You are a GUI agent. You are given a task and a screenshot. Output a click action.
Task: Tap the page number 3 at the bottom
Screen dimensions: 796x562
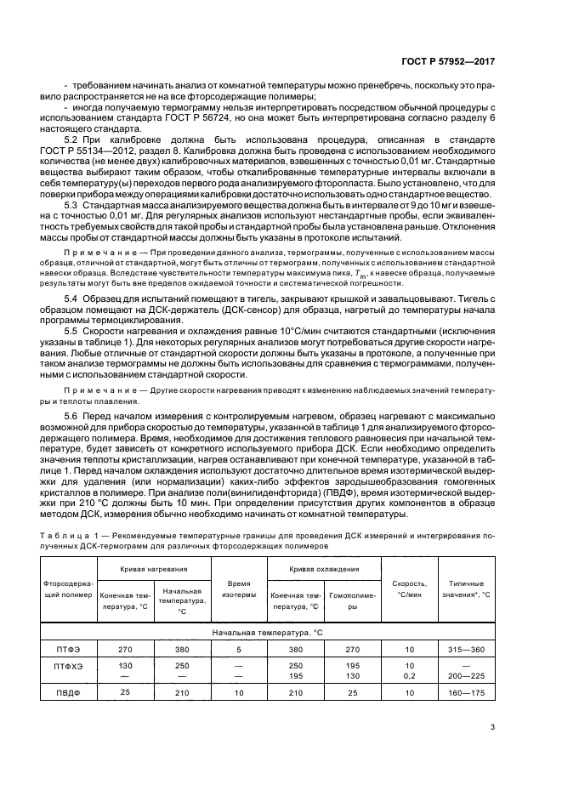coord(492,726)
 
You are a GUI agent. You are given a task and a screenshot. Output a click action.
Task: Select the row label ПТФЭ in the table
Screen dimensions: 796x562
coord(67,649)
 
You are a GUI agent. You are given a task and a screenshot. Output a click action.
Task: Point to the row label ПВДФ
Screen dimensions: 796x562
coord(67,693)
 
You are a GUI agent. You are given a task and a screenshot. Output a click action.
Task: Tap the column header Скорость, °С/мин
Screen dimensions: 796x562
coord(410,589)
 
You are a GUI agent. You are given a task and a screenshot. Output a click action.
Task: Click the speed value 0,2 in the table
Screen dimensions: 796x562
coord(410,674)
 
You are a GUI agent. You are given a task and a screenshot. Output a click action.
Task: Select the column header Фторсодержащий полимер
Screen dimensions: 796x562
coord(67,589)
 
